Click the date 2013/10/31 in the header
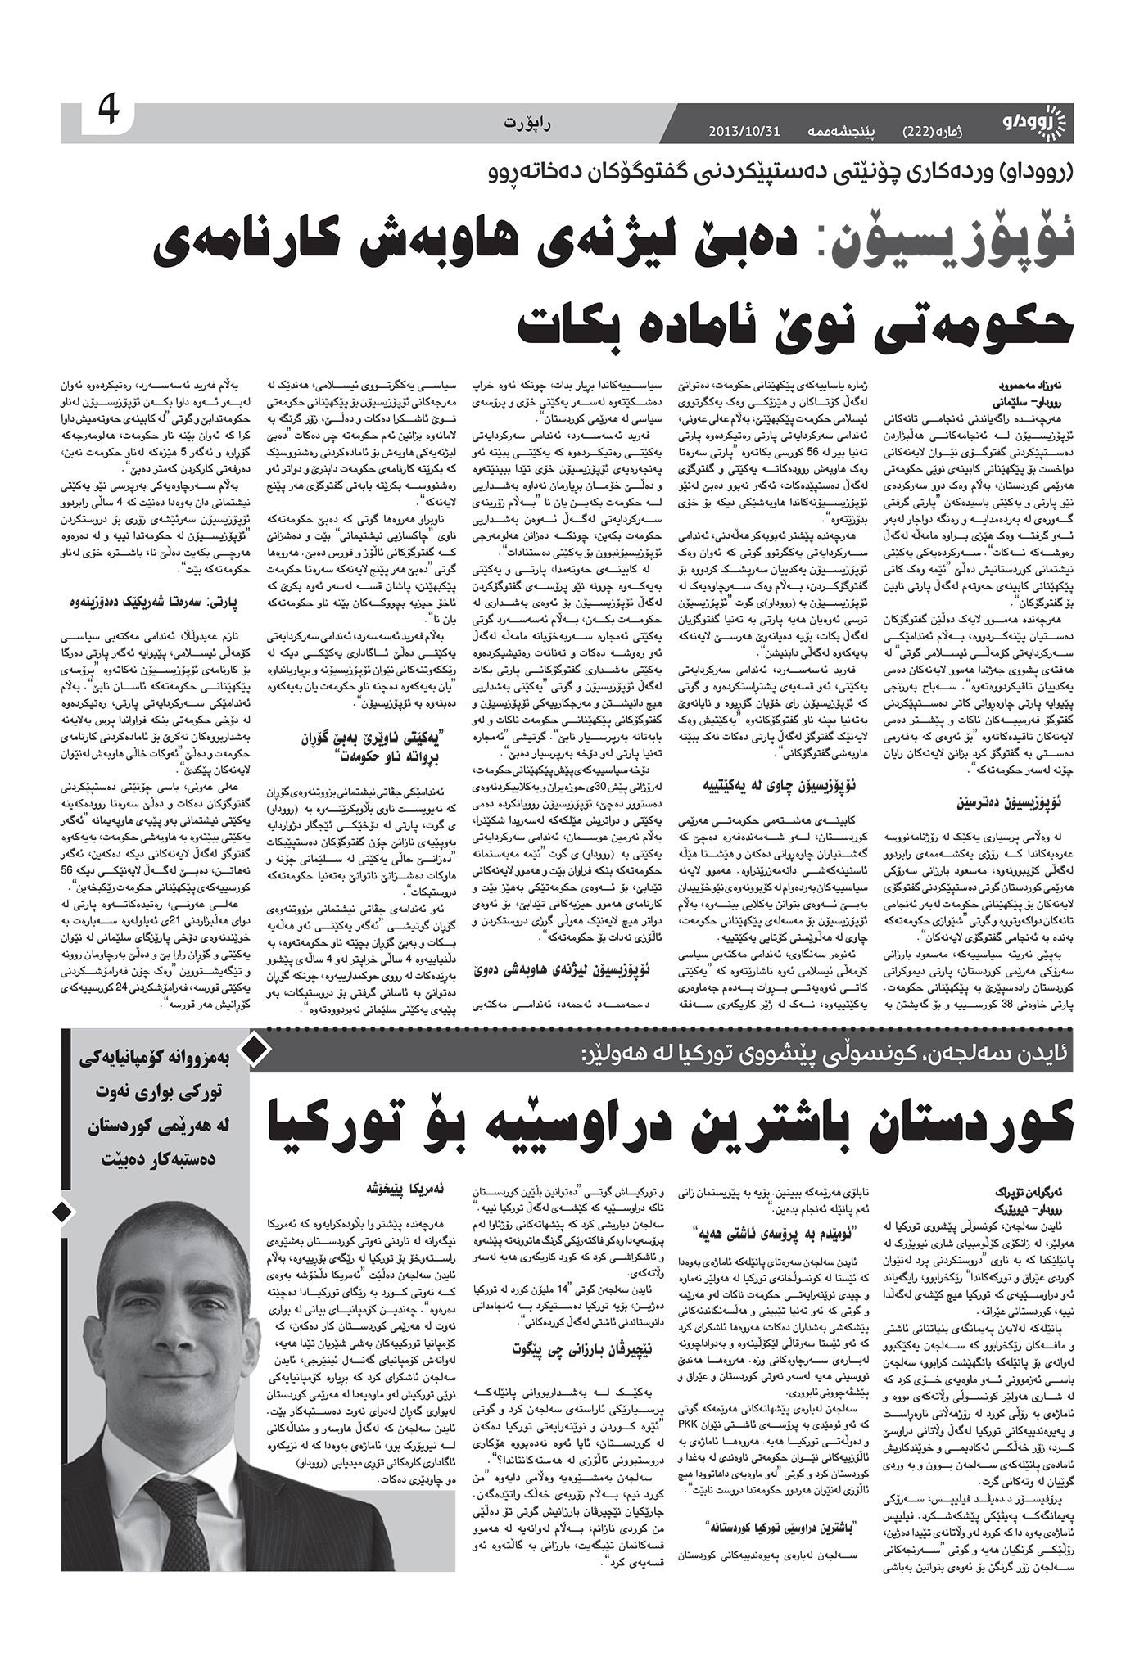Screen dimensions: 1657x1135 point(744,131)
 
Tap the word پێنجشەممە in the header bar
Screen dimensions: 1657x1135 point(844,131)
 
